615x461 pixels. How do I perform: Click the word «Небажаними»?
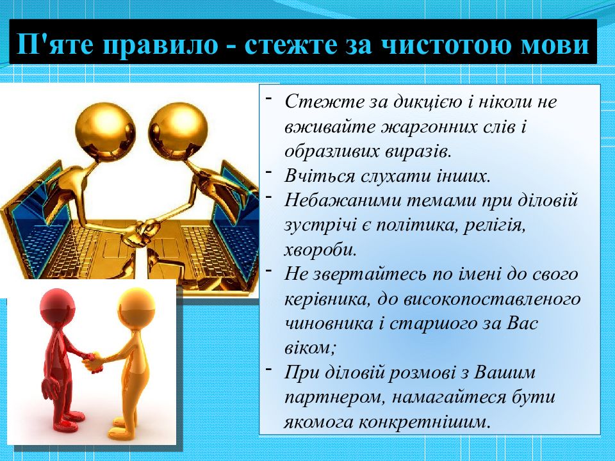pyautogui.click(x=341, y=200)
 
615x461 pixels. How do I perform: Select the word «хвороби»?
pyautogui.click(x=320, y=250)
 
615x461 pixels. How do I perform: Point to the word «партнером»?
pyautogui.click(x=334, y=398)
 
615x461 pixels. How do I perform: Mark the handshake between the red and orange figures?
pyautogui.click(x=92, y=360)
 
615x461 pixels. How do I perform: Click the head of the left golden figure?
pyautogui.click(x=104, y=130)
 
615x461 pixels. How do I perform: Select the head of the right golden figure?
pyautogui.click(x=177, y=130)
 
